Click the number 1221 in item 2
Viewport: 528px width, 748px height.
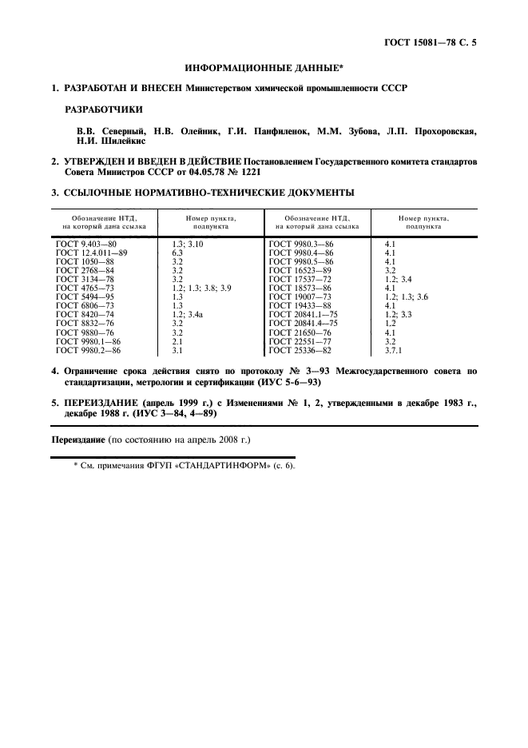(x=246, y=172)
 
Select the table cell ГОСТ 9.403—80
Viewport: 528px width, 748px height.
(x=87, y=243)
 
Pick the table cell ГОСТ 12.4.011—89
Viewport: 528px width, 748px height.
(x=93, y=252)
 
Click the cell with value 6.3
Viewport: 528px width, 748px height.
(x=177, y=252)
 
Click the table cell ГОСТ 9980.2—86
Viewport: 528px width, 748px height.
(x=89, y=349)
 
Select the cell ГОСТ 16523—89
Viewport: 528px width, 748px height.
(x=300, y=269)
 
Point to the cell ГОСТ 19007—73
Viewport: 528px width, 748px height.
(x=300, y=296)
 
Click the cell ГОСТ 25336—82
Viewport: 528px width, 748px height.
(x=300, y=349)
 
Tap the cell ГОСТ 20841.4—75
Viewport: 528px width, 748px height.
(x=304, y=322)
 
